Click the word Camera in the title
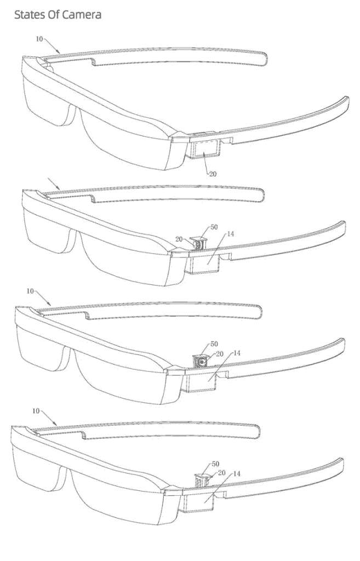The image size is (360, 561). tap(81, 15)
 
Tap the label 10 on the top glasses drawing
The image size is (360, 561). tap(39, 39)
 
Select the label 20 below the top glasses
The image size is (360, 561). tap(213, 174)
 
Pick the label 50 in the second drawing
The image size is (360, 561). tap(214, 227)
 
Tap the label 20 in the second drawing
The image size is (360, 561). tap(179, 239)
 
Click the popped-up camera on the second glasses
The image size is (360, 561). tap(200, 243)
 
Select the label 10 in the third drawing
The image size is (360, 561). tap(30, 291)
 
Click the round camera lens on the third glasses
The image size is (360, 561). tap(202, 363)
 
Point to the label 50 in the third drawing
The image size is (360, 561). tap(214, 344)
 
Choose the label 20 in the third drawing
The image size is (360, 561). tap(220, 354)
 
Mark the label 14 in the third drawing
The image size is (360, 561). tap(237, 353)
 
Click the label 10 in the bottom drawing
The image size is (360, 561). tap(36, 411)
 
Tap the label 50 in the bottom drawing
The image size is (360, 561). tap(215, 464)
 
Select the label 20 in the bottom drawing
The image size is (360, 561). tap(221, 473)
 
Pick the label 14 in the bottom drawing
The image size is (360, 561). tap(237, 474)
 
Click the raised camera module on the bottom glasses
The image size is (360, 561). tap(202, 480)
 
